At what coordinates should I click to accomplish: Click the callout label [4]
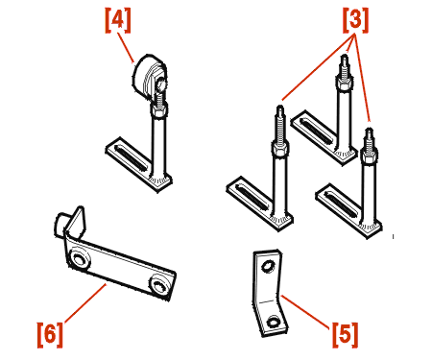(118, 20)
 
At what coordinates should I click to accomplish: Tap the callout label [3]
(355, 20)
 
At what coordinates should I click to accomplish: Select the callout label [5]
(345, 335)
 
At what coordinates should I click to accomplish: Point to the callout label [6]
(50, 335)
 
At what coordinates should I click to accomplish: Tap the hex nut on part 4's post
(159, 111)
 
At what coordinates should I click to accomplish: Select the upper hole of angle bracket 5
(268, 266)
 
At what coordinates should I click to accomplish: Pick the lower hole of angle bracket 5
(274, 322)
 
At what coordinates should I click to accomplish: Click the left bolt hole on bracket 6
(79, 258)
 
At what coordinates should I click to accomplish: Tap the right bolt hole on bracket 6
(158, 285)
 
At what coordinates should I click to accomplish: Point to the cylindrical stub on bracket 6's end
(60, 225)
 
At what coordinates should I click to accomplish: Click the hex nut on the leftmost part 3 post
(280, 149)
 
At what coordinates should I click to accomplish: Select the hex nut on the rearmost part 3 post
(345, 82)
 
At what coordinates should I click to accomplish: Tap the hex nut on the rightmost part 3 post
(370, 156)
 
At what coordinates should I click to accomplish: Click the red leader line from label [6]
(85, 303)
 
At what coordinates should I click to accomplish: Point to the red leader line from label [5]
(305, 312)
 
